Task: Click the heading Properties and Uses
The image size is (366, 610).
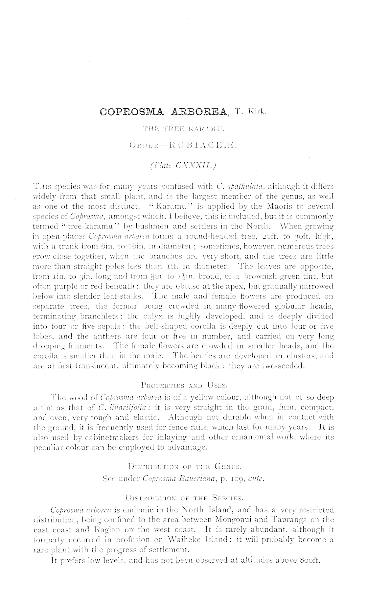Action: click(183, 384)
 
